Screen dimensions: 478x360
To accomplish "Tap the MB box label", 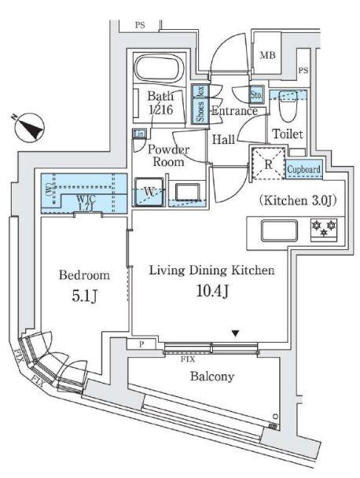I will click(267, 55).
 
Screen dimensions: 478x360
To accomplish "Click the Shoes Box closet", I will click(200, 104).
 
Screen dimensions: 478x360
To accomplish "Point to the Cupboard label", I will click(303, 170).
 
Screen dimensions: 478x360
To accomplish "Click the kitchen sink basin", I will click(277, 230).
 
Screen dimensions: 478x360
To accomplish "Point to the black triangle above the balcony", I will click(234, 333).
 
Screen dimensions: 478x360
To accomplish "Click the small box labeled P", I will click(141, 344).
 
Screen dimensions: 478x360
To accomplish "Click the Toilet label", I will click(287, 134).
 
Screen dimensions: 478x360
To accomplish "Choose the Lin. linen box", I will click(139, 134).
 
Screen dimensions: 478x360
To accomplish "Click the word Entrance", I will click(233, 112).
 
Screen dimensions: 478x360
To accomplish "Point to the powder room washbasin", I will click(187, 193).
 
